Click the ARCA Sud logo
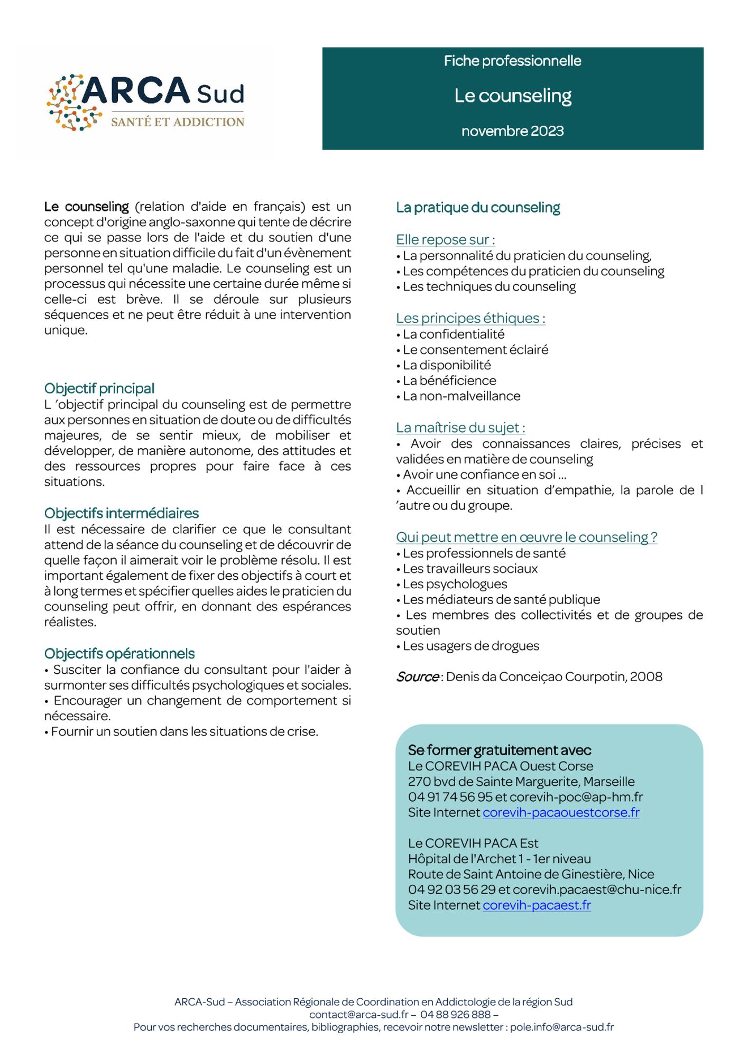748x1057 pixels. [x=145, y=102]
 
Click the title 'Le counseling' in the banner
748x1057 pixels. [x=513, y=96]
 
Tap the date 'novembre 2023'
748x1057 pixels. [x=512, y=131]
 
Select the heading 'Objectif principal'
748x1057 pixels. [x=99, y=388]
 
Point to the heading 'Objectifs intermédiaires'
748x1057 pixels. [x=122, y=513]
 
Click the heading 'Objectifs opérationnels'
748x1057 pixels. [x=119, y=654]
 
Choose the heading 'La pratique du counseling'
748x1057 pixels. [x=478, y=208]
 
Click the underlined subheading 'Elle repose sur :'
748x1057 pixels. [x=446, y=240]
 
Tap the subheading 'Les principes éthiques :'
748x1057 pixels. [x=470, y=318]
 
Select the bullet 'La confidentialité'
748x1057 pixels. [x=454, y=334]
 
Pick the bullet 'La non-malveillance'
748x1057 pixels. [x=461, y=396]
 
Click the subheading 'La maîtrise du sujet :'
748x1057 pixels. [x=460, y=428]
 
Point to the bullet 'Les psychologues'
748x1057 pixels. [x=455, y=584]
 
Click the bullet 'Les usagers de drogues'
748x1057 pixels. [x=471, y=646]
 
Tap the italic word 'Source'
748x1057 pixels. [x=418, y=677]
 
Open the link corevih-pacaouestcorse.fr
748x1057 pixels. [x=561, y=812]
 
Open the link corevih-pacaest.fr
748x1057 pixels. [x=537, y=905]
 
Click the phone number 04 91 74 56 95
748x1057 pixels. [x=450, y=797]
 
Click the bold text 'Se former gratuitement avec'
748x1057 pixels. [x=500, y=750]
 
